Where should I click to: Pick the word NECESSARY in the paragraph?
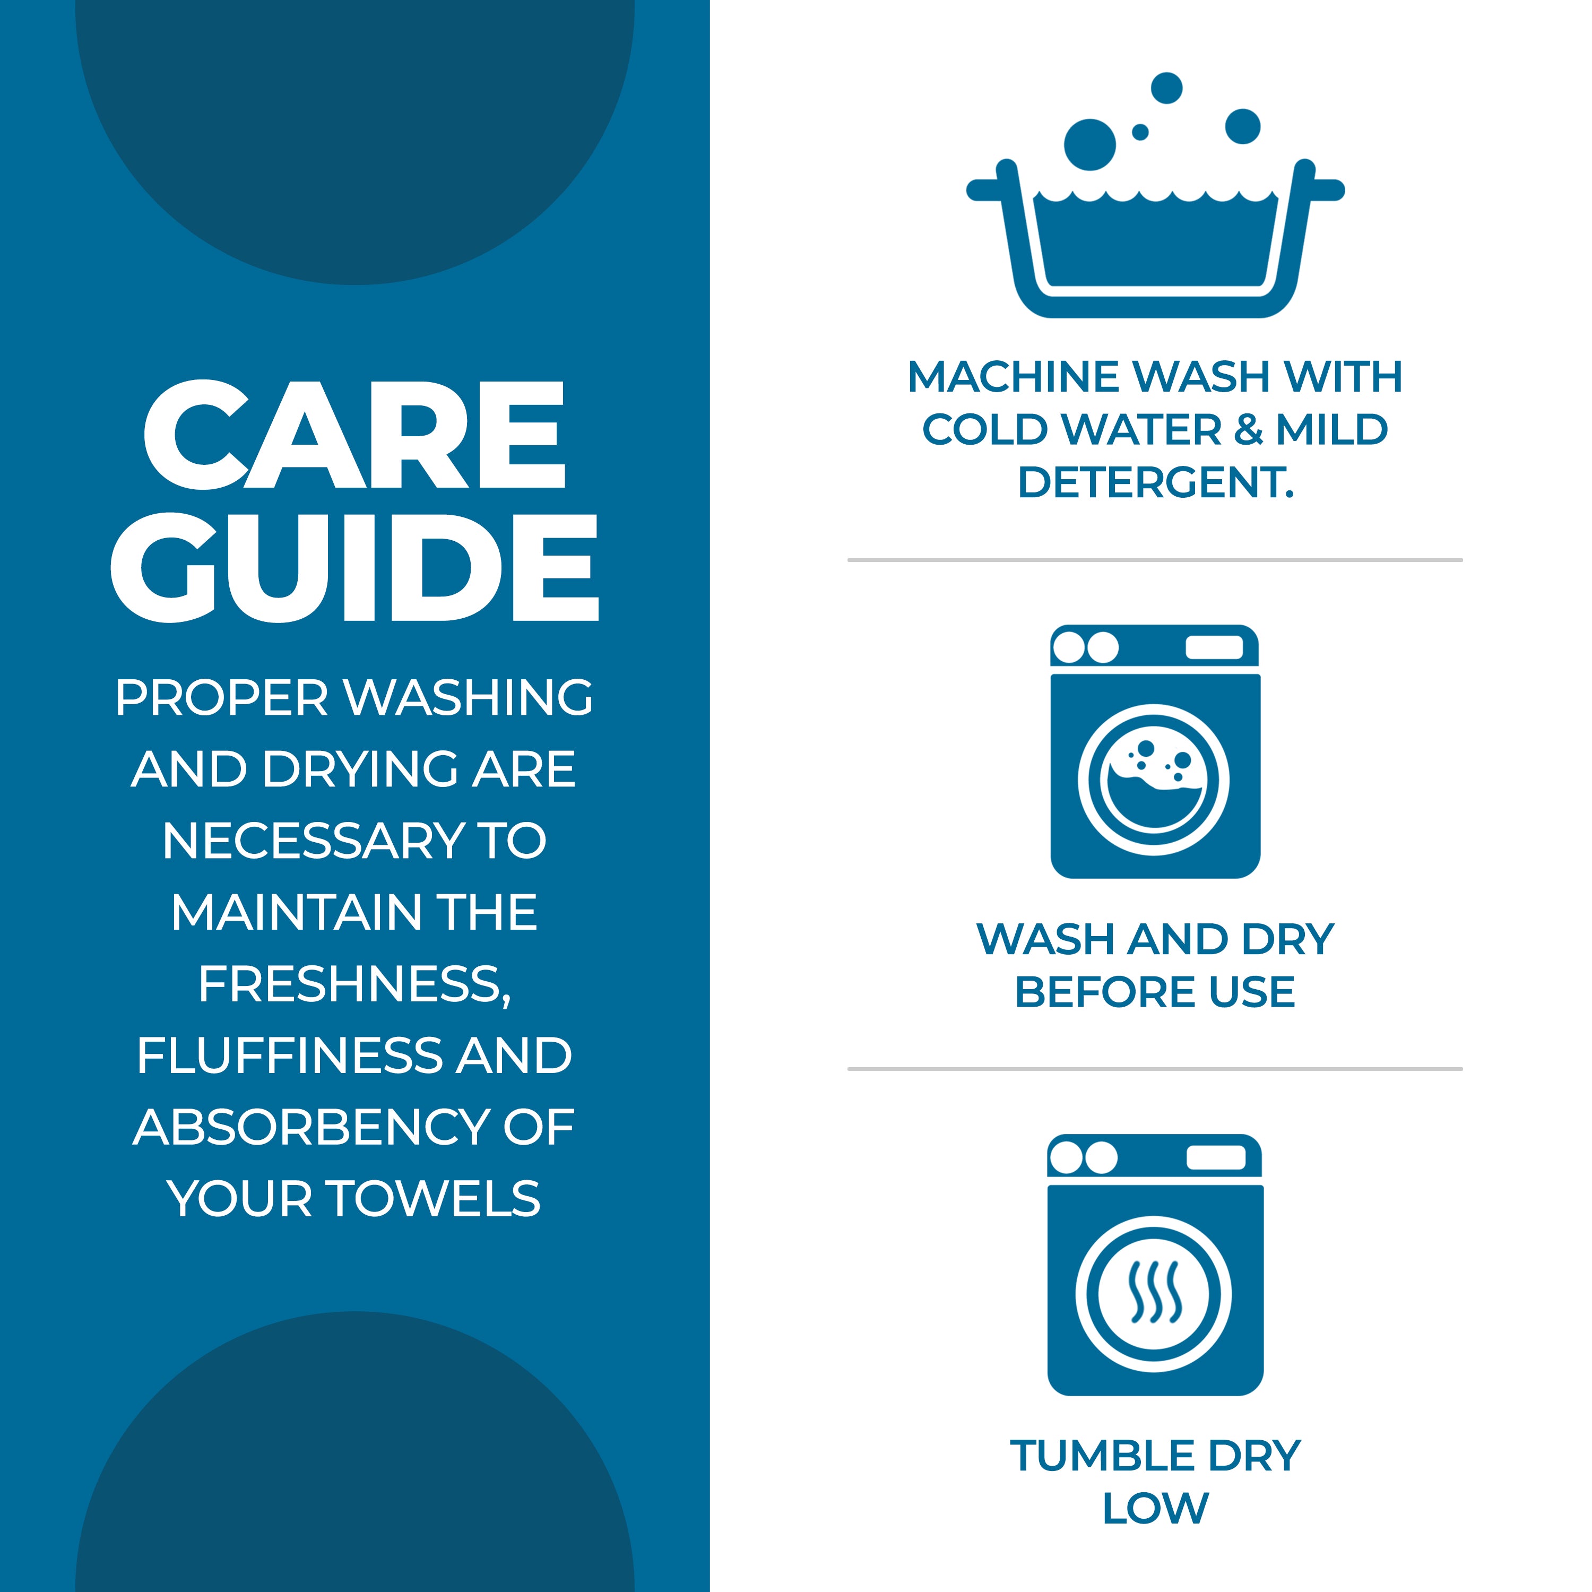[x=313, y=841]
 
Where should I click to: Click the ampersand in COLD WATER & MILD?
[x=1249, y=430]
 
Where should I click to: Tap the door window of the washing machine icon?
[x=1154, y=780]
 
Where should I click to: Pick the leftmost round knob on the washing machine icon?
[x=1069, y=647]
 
